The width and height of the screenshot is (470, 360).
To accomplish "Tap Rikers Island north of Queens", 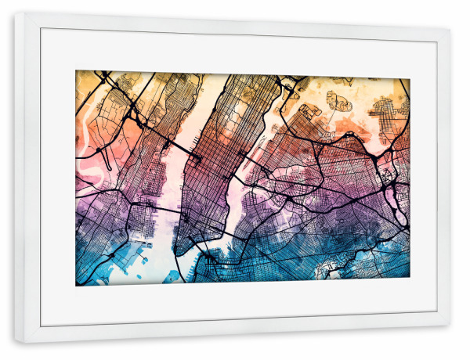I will click(338, 102).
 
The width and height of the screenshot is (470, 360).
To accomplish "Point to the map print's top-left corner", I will click(76, 71).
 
